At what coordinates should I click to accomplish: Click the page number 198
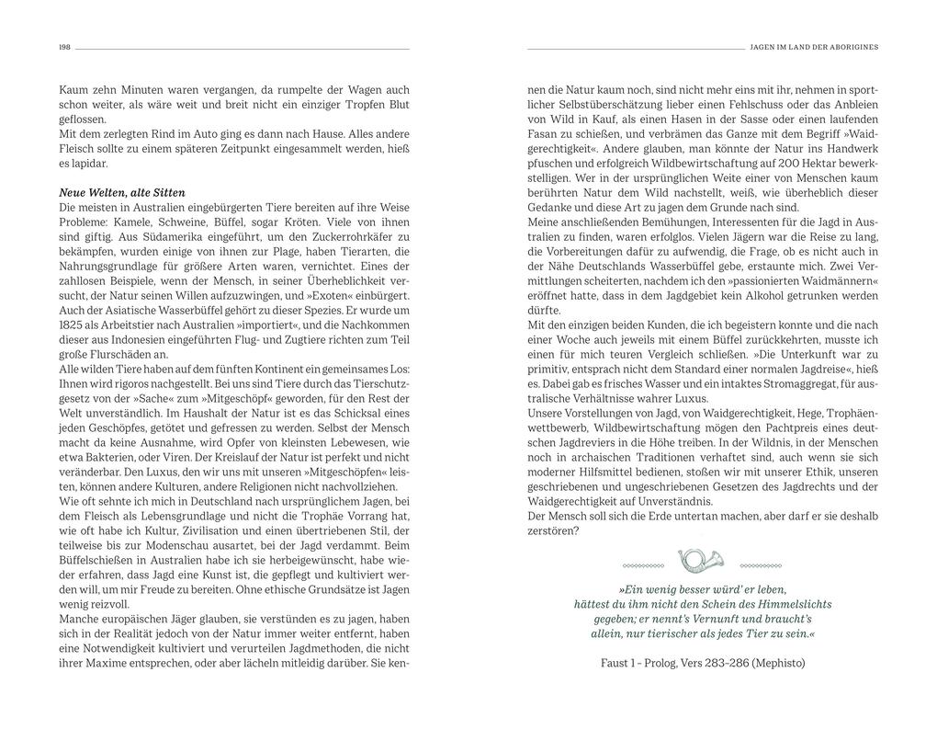[x=64, y=48]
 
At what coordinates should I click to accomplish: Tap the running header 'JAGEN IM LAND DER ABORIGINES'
[x=814, y=48]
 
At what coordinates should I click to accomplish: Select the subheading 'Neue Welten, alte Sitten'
[x=122, y=193]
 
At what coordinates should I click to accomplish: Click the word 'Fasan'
[x=544, y=134]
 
